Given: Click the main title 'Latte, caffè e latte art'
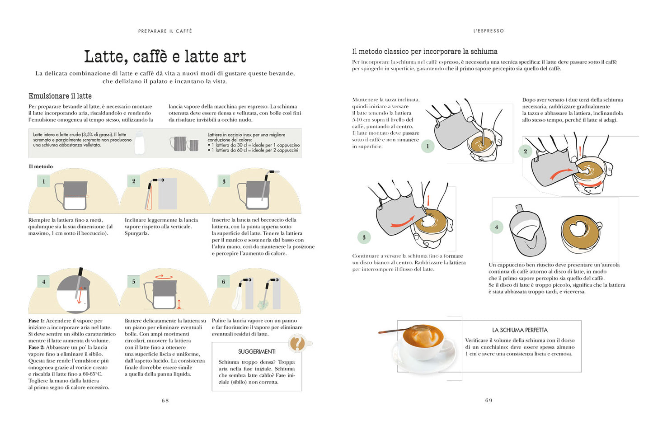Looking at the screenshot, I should click(x=165, y=57).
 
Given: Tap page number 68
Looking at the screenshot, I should click(x=165, y=400).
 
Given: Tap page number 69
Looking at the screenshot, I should click(x=489, y=400).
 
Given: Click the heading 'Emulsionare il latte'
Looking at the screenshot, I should click(x=60, y=96).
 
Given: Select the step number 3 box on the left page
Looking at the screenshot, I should click(x=224, y=181).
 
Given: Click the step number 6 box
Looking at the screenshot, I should click(x=223, y=282).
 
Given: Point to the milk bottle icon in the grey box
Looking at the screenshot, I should click(x=140, y=143).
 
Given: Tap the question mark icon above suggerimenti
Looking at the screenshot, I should click(x=297, y=343).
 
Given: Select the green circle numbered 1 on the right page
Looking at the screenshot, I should click(x=428, y=146).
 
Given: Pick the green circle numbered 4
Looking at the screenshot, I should click(x=496, y=227).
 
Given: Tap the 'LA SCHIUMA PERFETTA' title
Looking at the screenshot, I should click(x=520, y=330).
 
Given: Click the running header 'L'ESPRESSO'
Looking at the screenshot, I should click(x=489, y=31).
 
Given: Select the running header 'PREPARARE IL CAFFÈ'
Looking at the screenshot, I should click(x=165, y=31).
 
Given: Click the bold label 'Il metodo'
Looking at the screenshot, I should click(x=41, y=166).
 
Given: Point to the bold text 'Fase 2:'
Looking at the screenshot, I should click(x=37, y=347).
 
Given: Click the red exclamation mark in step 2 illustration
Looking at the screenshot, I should click(x=580, y=151).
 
